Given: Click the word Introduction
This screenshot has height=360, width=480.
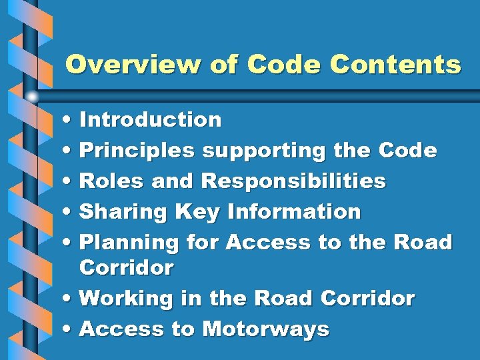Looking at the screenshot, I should tap(150, 120).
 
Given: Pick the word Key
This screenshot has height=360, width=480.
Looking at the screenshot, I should tap(197, 212).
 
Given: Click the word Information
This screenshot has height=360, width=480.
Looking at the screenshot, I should tap(294, 212).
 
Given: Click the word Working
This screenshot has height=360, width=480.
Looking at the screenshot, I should tap(127, 298).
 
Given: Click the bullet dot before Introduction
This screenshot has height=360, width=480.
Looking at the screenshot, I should tap(70, 121).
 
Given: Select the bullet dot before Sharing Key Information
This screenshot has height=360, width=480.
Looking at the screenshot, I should tap(70, 213).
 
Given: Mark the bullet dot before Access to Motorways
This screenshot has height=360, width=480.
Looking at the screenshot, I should tap(70, 329).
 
